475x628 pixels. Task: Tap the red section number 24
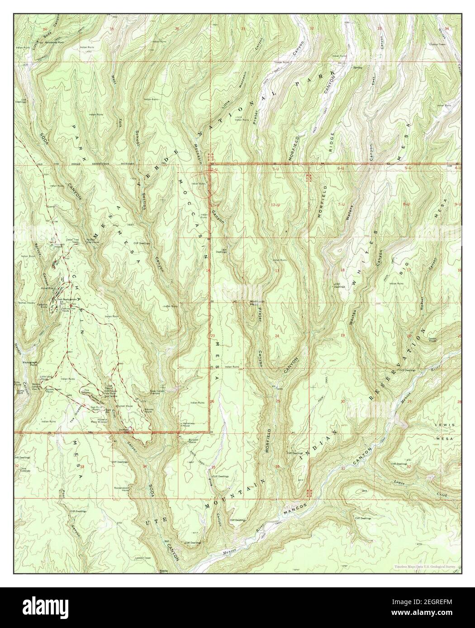click(x=277, y=336)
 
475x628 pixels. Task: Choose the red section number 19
click(x=342, y=335)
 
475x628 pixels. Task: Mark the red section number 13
click(x=277, y=270)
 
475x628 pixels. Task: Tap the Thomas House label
click(x=26, y=303)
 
